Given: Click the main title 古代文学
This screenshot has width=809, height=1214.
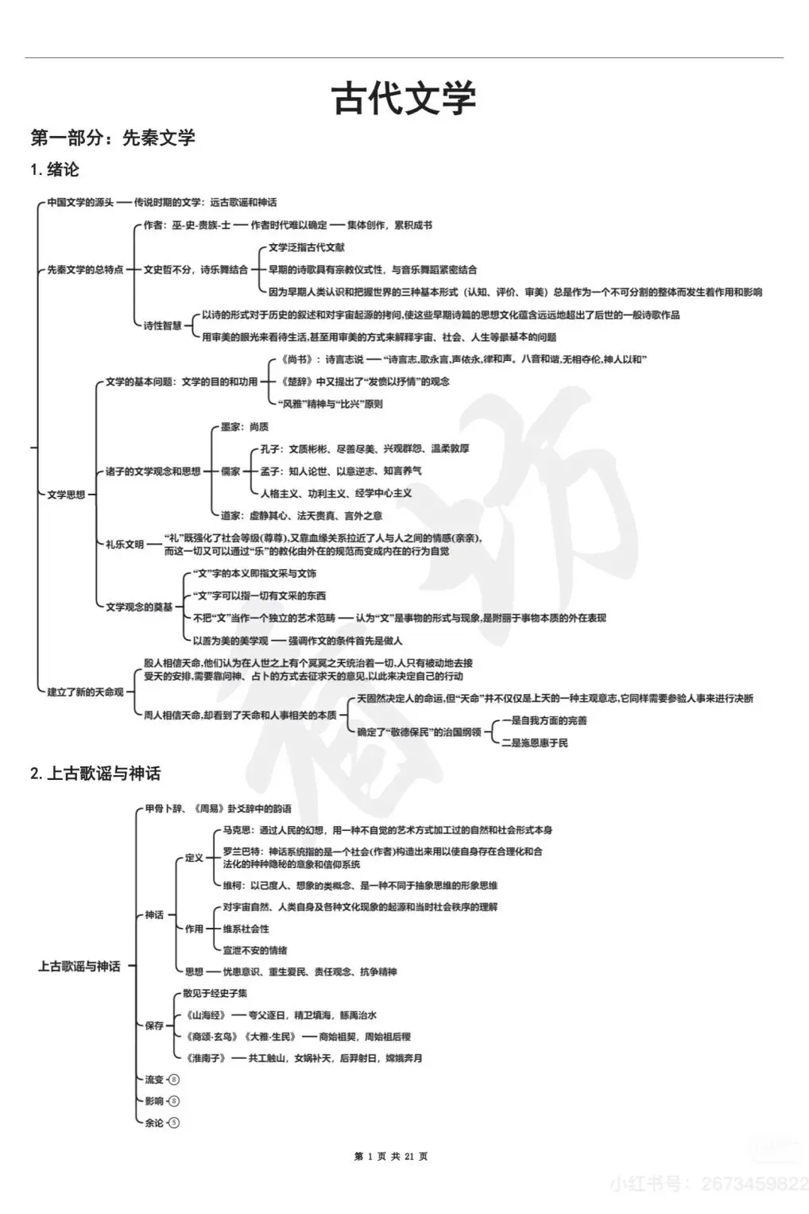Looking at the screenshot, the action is (x=404, y=98).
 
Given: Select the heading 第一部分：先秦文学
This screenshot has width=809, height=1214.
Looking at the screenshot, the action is (x=112, y=138).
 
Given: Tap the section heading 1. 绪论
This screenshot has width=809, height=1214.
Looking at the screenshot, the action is (x=55, y=169).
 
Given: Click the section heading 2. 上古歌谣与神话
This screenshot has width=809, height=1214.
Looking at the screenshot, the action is (x=95, y=773).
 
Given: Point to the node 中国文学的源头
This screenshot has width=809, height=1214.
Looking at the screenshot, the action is (x=80, y=202).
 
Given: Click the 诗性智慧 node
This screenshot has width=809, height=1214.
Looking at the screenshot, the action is (x=163, y=325).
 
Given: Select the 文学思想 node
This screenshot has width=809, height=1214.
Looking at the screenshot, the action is (x=66, y=495).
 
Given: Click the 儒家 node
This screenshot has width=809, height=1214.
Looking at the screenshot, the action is (x=230, y=471).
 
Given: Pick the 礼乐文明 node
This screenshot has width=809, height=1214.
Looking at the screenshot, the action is (x=125, y=545).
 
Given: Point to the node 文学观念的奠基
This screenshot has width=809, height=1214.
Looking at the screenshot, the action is (x=139, y=607).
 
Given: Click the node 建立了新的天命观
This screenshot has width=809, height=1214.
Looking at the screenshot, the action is (x=86, y=692).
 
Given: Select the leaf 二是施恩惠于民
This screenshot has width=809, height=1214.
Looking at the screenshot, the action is (x=535, y=743).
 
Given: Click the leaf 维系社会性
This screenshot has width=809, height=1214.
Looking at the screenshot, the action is (x=246, y=929).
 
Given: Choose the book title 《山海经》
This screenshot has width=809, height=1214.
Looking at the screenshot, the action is (x=205, y=1015).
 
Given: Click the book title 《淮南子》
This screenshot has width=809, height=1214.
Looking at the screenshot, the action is (x=205, y=1058).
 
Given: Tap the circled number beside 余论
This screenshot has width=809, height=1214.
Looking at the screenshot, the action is (x=175, y=1123).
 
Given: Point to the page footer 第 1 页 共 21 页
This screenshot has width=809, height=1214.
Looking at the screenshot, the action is (x=391, y=1156).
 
